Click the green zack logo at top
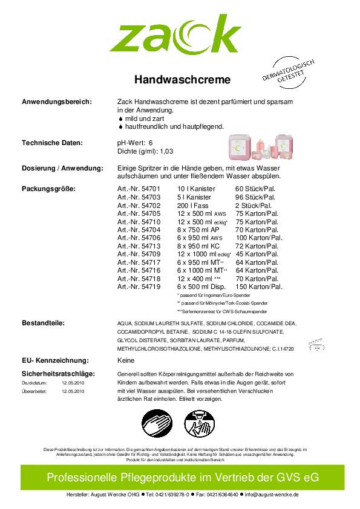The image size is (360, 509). pyautogui.click(x=175, y=34)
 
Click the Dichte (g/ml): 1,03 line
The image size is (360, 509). pyautogui.click(x=145, y=151)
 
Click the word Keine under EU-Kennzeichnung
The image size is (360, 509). pyautogui.click(x=125, y=360)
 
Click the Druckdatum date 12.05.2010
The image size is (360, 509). pyautogui.click(x=73, y=383)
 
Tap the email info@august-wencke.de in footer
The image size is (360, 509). pyautogui.click(x=272, y=494)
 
